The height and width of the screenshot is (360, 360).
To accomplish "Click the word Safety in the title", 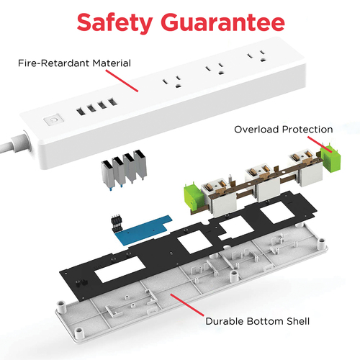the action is click(x=114, y=22).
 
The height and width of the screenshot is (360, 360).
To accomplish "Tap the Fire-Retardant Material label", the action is click(x=74, y=63).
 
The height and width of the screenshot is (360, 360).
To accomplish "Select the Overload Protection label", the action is click(x=284, y=130).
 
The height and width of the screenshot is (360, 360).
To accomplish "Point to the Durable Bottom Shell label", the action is click(x=258, y=321).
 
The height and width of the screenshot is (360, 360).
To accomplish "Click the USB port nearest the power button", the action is click(x=81, y=112).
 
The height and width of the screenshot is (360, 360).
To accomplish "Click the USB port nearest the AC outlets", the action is click(x=112, y=102).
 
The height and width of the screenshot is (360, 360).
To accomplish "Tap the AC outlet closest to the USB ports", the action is click(x=172, y=82).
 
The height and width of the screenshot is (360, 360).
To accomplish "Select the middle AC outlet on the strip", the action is click(x=215, y=68).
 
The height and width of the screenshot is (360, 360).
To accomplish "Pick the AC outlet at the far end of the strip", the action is click(x=257, y=55).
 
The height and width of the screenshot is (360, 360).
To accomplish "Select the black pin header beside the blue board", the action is click(x=117, y=224).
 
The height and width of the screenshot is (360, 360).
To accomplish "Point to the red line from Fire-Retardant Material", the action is click(x=122, y=81).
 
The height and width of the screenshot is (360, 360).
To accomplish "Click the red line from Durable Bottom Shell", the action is click(x=187, y=305).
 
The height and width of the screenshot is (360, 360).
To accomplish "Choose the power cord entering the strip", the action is click(x=15, y=143).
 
